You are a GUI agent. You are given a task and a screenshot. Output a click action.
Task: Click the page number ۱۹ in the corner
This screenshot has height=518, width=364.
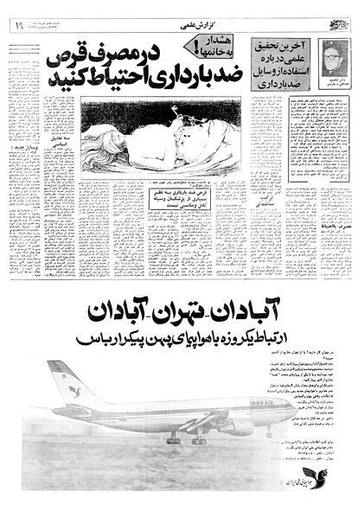[17, 27]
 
